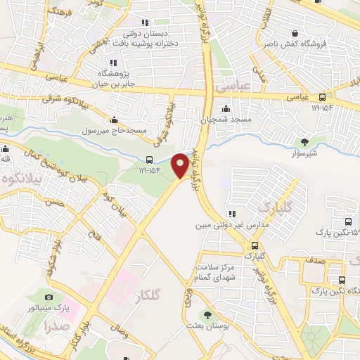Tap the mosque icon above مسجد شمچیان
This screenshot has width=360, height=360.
[x=225, y=108]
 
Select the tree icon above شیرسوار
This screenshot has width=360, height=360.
[x=304, y=141]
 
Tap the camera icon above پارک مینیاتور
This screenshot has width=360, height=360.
[x=49, y=297]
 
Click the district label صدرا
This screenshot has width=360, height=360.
[x=56, y=326]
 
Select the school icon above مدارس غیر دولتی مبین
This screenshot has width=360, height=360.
[x=231, y=214]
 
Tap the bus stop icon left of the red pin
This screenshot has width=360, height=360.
[x=149, y=160]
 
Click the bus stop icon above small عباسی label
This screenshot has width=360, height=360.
[x=322, y=97]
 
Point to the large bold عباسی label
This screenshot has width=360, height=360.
[x=232, y=88]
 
